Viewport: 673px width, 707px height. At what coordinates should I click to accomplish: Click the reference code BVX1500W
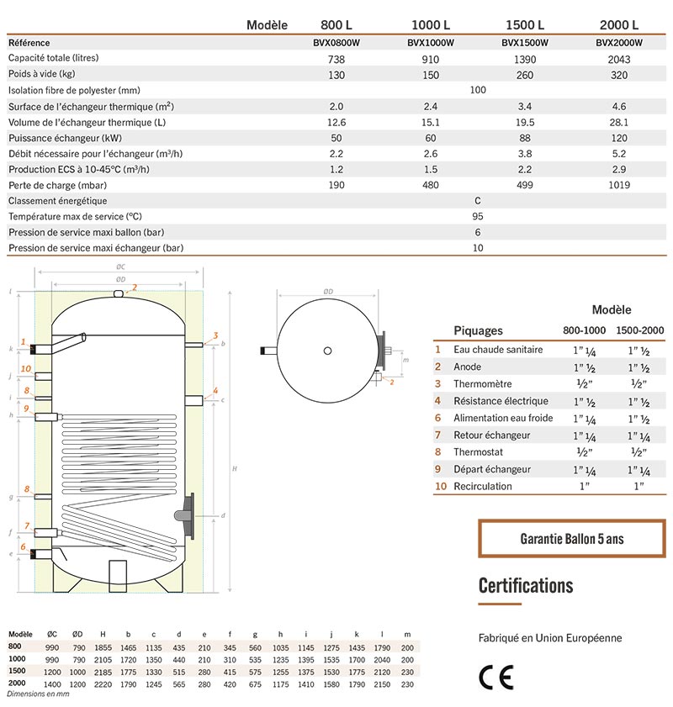point(525,43)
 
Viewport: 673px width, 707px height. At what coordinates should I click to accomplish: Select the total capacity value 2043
point(618,59)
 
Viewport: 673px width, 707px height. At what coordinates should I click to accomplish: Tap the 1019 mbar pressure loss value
point(618,185)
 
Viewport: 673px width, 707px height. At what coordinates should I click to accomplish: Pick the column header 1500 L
point(525,24)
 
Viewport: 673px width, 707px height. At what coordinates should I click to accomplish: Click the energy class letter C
point(478,201)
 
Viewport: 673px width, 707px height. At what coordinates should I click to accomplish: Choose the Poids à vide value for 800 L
point(336,75)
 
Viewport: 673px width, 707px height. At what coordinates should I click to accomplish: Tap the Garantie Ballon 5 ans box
point(571,539)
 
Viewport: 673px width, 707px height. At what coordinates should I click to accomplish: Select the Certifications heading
point(526,585)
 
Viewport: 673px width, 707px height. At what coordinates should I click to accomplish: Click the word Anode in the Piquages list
point(467,367)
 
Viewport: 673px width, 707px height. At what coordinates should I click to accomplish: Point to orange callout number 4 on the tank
point(215,390)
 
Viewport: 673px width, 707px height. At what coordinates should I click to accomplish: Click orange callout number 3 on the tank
point(215,335)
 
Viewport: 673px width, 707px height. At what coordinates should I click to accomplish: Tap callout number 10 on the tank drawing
point(26,368)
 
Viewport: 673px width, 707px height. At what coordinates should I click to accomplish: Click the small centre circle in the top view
point(328,350)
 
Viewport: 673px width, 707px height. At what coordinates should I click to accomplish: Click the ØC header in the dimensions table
point(52,633)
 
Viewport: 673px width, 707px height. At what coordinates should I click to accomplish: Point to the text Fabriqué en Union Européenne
point(550,638)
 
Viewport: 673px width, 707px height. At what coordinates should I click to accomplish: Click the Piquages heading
point(478,330)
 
